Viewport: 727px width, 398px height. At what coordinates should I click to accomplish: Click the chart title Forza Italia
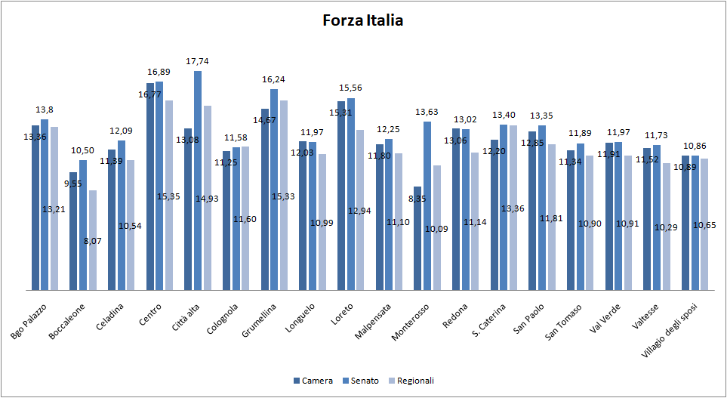coord(362,20)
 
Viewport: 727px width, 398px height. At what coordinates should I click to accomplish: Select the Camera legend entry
coord(313,381)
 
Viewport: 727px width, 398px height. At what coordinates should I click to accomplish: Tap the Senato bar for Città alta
coord(198,181)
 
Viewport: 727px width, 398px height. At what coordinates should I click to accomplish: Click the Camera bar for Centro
coord(150,189)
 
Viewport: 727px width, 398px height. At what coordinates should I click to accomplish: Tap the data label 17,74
coord(198,61)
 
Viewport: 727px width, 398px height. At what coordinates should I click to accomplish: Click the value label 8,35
coord(417,199)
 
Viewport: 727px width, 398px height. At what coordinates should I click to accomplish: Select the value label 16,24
coord(273,79)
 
